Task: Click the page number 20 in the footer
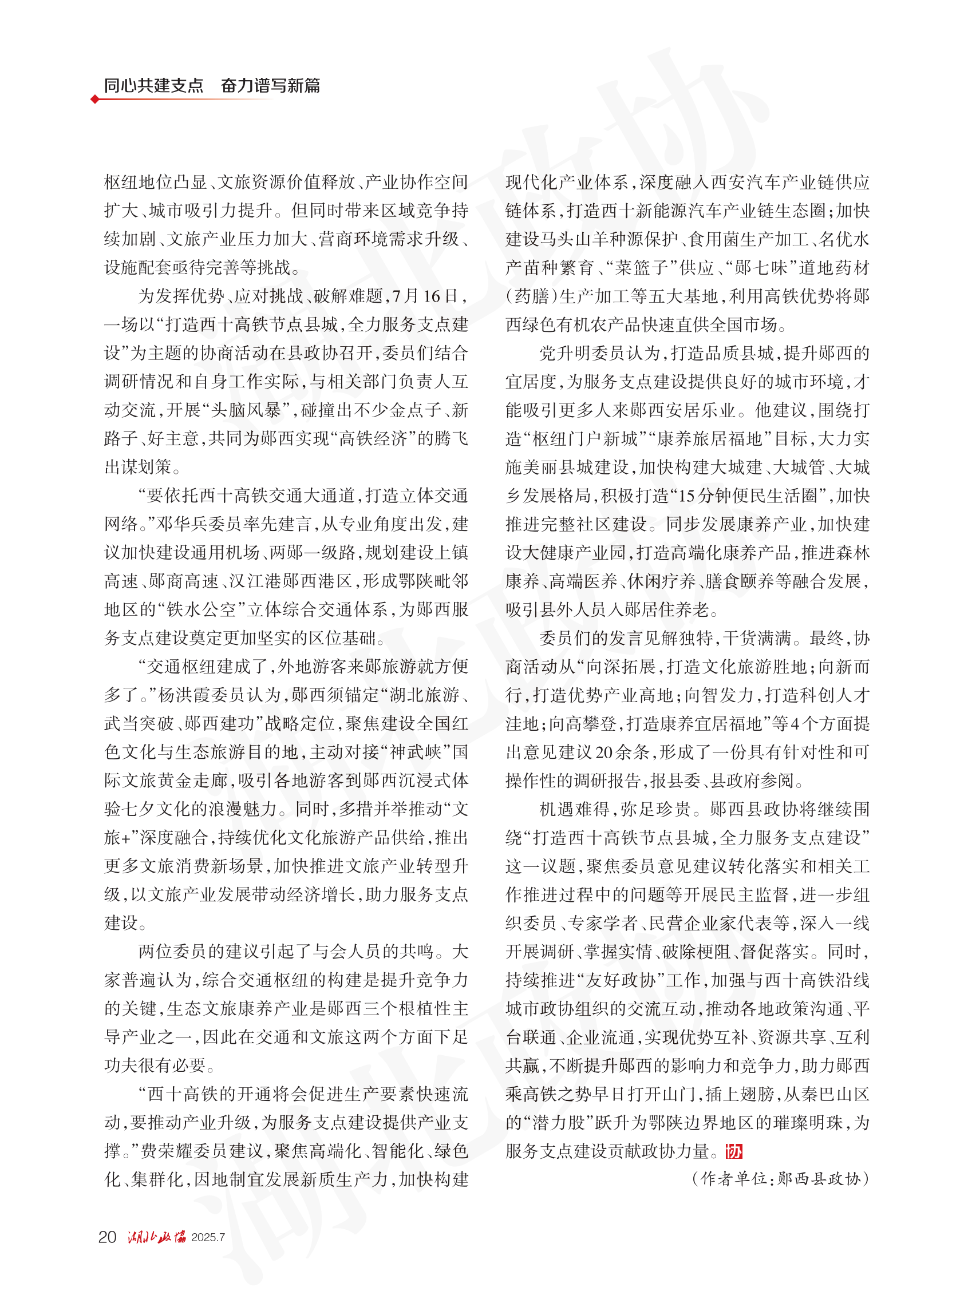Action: pos(108,1237)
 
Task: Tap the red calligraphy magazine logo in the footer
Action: pos(156,1237)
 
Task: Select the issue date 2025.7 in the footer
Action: pos(207,1237)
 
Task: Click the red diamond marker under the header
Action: pos(94,100)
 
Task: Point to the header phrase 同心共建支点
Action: pos(153,85)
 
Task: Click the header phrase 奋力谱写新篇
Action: pos(270,85)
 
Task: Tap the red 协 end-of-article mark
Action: pos(733,1151)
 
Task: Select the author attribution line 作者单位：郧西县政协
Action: pos(780,1178)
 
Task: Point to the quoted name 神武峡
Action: pos(416,751)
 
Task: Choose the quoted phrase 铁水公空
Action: pos(201,609)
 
